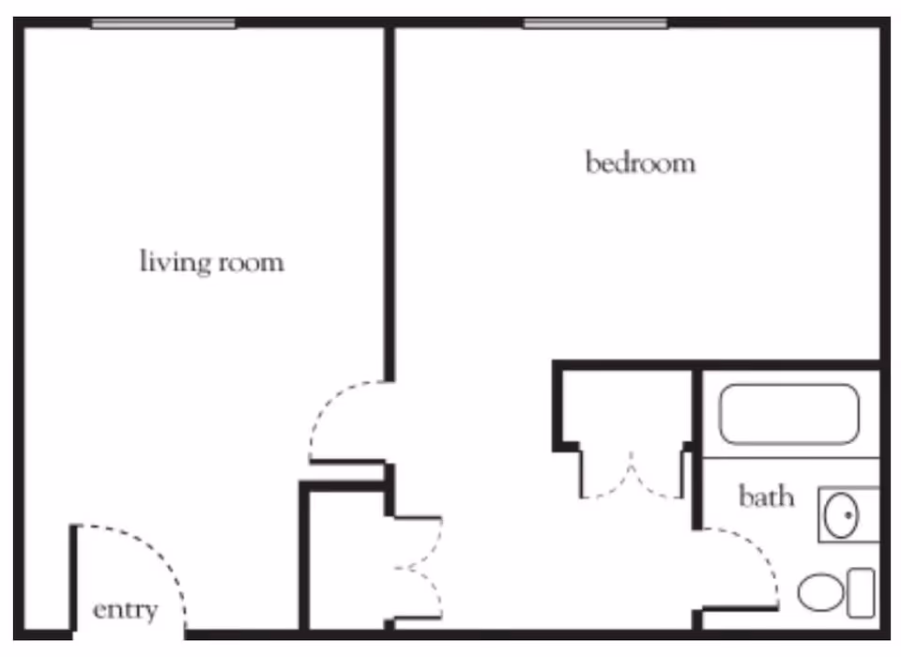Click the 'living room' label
click(211, 261)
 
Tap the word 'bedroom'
click(640, 163)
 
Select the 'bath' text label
click(766, 496)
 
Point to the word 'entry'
click(125, 610)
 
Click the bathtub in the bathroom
click(788, 414)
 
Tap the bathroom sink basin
click(841, 515)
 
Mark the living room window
click(162, 23)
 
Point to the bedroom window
click(595, 23)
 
